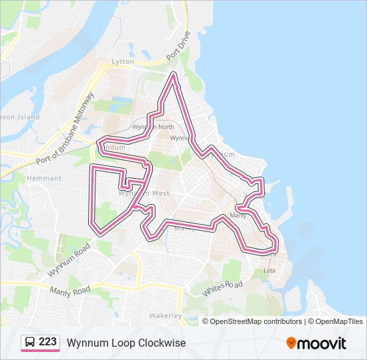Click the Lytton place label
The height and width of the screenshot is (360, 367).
pyautogui.click(x=123, y=61)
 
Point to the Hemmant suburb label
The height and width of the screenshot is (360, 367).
pyautogui.click(x=43, y=179)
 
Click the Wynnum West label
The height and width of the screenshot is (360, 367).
pyautogui.click(x=143, y=193)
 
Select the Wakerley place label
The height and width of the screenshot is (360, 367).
pyautogui.click(x=165, y=315)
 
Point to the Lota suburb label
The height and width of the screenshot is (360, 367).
pyautogui.click(x=270, y=271)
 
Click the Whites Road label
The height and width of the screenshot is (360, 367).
pyautogui.click(x=223, y=287)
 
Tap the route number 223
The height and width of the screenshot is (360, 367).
pyautogui.click(x=47, y=342)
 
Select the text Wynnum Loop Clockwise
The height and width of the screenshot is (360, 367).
pyautogui.click(x=126, y=343)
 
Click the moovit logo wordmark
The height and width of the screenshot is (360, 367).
pyautogui.click(x=322, y=343)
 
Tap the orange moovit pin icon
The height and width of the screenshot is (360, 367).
pyautogui.click(x=291, y=343)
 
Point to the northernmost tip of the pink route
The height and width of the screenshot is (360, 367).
pyautogui.click(x=174, y=74)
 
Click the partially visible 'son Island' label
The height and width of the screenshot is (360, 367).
pyautogui.click(x=20, y=117)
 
